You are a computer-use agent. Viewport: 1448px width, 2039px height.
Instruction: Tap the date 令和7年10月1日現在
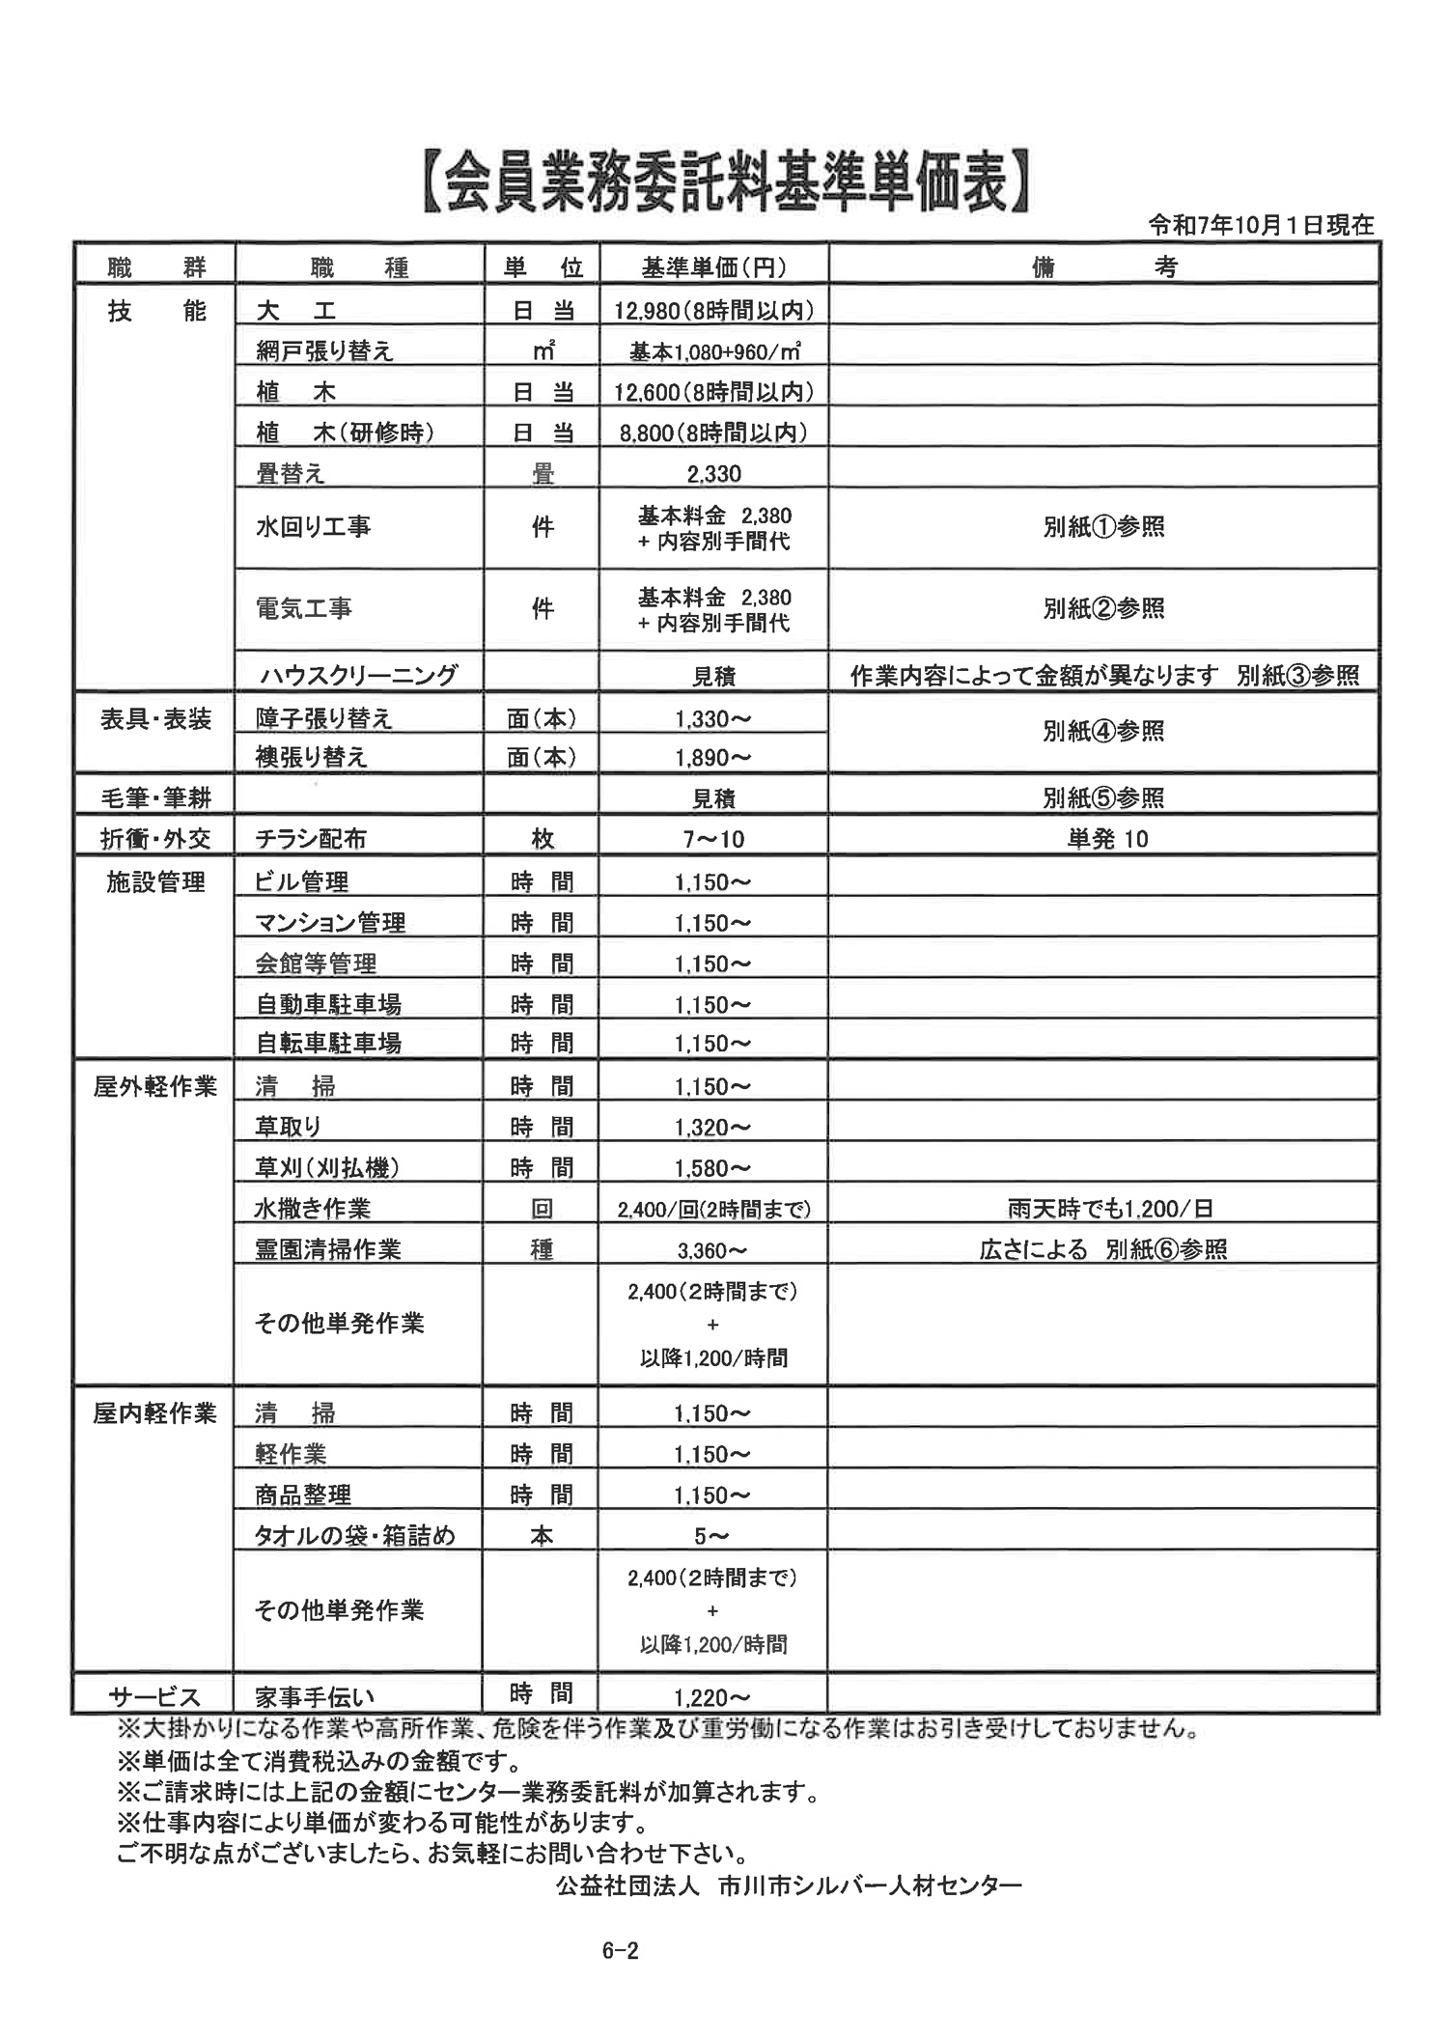click(x=1261, y=225)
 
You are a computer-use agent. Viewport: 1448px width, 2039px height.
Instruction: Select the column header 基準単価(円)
click(x=713, y=267)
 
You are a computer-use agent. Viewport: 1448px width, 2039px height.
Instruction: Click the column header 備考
click(x=1103, y=267)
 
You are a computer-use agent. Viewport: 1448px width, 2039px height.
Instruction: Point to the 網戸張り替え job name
click(x=324, y=350)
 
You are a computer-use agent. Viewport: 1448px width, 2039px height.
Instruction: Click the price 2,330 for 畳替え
click(x=713, y=473)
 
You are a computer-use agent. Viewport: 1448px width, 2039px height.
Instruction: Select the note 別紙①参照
click(x=1103, y=527)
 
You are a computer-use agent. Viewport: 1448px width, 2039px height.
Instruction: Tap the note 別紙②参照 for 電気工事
click(x=1103, y=608)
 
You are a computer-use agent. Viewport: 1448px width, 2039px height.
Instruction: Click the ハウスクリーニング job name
click(x=357, y=675)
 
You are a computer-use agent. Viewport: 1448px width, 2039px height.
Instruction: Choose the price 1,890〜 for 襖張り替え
click(x=713, y=758)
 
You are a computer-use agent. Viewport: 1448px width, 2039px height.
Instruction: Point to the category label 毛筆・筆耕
click(x=155, y=797)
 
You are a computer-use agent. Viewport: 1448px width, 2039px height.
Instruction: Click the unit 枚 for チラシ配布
click(x=542, y=839)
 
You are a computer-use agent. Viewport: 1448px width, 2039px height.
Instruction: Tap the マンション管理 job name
click(x=329, y=923)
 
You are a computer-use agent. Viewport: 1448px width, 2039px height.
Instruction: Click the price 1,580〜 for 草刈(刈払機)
click(x=713, y=1168)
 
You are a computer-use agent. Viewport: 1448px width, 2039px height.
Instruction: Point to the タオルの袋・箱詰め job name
click(x=354, y=1535)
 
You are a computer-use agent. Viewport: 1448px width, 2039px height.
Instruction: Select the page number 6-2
click(x=620, y=1950)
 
